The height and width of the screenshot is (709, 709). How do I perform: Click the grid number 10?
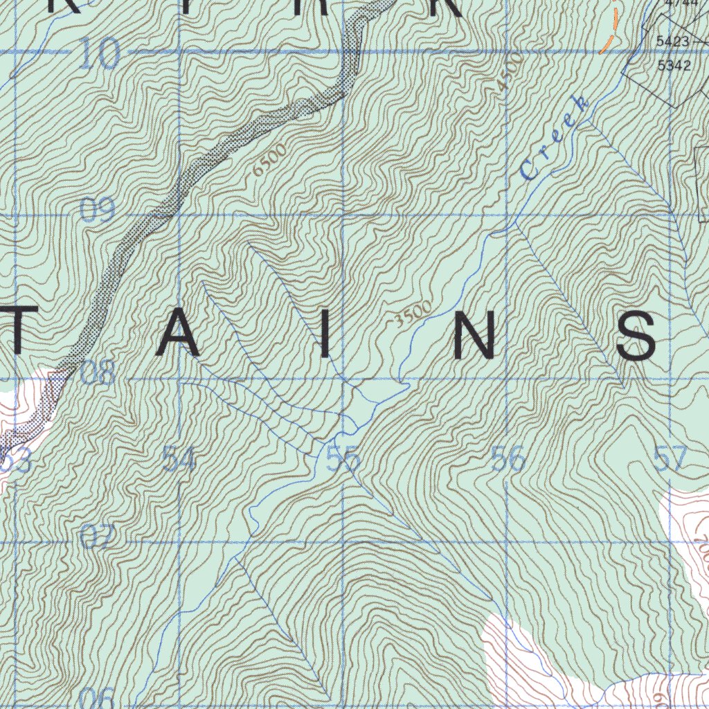pyautogui.click(x=99, y=54)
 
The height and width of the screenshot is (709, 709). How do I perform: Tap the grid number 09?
pyautogui.click(x=97, y=210)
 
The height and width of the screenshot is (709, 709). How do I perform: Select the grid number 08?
pyautogui.click(x=97, y=373)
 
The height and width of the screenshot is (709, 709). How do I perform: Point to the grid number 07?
pyautogui.click(x=97, y=537)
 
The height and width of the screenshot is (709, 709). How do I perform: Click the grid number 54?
pyautogui.click(x=179, y=460)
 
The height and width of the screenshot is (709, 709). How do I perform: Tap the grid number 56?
pyautogui.click(x=508, y=458)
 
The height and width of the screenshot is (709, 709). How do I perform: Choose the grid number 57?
pyautogui.click(x=670, y=458)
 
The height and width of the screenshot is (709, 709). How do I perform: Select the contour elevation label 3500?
pyautogui.click(x=413, y=313)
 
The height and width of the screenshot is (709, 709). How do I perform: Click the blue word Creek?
pyautogui.click(x=555, y=138)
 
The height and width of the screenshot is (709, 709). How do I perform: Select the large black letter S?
pyautogui.click(x=637, y=335)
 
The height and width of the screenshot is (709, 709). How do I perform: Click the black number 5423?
pyautogui.click(x=672, y=42)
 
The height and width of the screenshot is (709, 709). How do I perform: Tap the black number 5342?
pyautogui.click(x=674, y=66)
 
